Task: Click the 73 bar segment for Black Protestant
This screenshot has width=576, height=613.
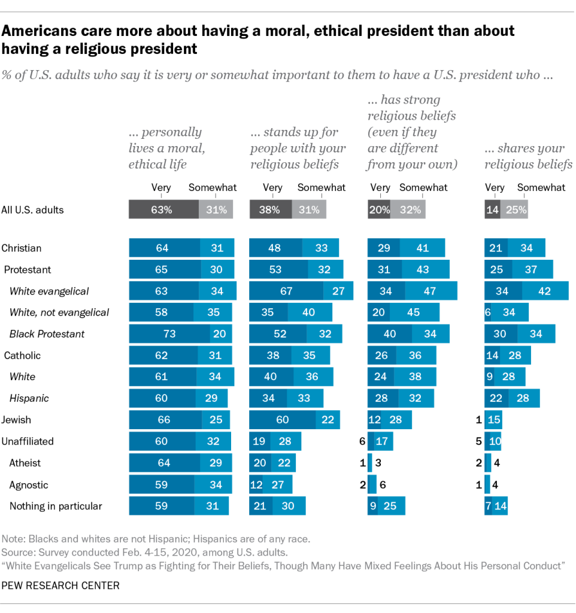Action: click(x=169, y=334)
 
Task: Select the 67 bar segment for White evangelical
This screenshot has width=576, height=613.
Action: click(x=286, y=291)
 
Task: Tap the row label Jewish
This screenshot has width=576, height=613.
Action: click(x=16, y=420)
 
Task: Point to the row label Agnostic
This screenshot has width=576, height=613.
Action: click(x=29, y=484)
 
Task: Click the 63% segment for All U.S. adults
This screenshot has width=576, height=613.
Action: click(x=164, y=210)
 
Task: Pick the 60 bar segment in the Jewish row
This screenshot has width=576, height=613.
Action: click(x=282, y=420)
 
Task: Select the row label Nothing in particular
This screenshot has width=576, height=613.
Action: click(x=56, y=506)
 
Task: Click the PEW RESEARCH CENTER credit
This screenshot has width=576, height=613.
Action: click(x=60, y=585)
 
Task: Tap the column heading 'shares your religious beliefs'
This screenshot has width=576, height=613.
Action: click(x=528, y=156)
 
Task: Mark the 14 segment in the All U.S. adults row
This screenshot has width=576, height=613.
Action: click(x=492, y=210)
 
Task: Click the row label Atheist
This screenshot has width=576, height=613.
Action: click(x=25, y=463)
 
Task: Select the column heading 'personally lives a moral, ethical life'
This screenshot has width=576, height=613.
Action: click(x=165, y=148)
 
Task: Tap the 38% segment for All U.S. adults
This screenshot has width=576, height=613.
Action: click(x=271, y=210)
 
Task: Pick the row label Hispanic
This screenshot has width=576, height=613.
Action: click(x=29, y=398)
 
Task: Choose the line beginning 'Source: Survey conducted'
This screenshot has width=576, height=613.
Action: click(x=145, y=551)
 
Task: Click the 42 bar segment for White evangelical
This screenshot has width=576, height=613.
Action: click(x=545, y=291)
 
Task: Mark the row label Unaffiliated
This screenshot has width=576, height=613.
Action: click(x=28, y=441)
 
